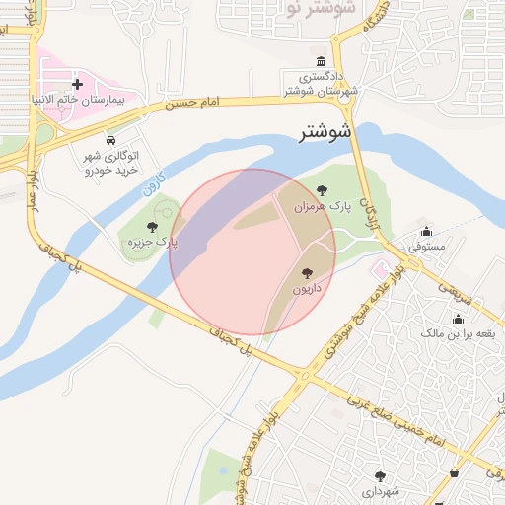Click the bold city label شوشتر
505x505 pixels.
325,131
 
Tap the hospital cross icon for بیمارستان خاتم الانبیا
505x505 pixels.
78,85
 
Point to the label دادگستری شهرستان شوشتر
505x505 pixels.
321,84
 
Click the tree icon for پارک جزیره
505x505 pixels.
151,227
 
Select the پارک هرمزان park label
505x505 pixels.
325,206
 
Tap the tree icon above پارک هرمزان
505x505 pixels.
322,190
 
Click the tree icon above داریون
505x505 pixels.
308,273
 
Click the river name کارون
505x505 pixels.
151,183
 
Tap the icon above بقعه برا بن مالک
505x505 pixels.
458,319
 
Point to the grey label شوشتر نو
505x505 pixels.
322,10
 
